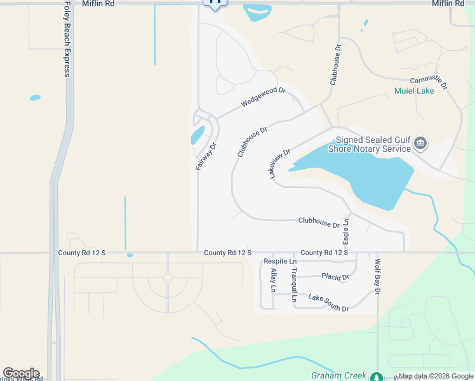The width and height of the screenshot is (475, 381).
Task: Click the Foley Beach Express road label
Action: click(67, 39)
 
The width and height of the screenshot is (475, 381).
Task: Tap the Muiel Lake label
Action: click(414, 91)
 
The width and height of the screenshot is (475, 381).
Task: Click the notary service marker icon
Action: click(420, 144)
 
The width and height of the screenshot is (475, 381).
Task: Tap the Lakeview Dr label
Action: click(279, 163)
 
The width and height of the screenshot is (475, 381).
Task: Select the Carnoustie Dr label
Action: click(429, 83)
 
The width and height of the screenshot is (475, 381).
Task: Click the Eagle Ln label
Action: click(346, 230)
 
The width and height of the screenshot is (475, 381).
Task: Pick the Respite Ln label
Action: click(280, 261)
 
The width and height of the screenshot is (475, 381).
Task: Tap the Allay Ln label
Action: click(274, 280)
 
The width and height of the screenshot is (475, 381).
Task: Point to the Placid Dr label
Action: click(335, 277)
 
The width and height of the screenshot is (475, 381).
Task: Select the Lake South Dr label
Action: click(328, 302)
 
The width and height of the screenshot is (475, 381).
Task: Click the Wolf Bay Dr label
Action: click(377, 277)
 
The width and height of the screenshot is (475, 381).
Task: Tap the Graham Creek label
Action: click(338, 375)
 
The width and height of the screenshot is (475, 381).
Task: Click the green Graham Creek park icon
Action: click(377, 377)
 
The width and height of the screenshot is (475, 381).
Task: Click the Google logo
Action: click(21, 373)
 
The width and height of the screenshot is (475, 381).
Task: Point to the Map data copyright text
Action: click(436, 377)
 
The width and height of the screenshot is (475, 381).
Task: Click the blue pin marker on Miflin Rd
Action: click(215, 3)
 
